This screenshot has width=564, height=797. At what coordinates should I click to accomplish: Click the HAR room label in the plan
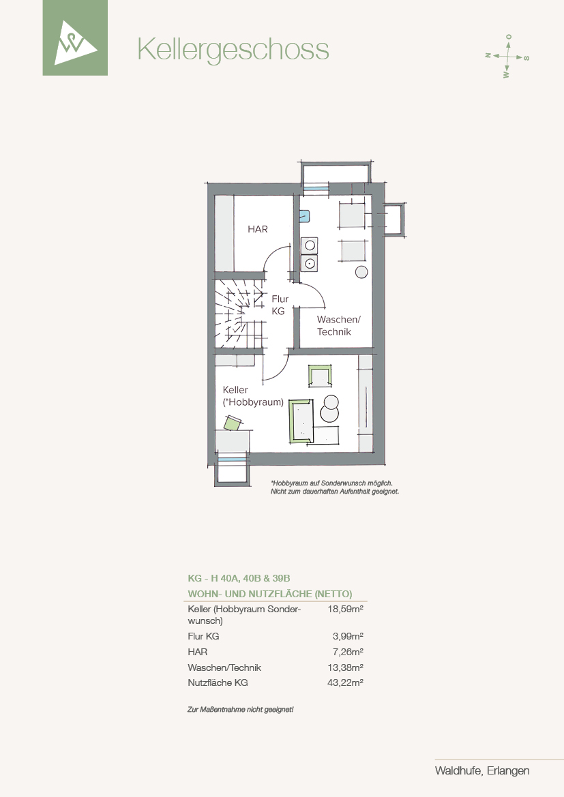click(257, 229)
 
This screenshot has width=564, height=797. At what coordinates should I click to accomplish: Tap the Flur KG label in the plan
click(280, 305)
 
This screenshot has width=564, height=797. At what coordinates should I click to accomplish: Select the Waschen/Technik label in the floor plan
click(338, 325)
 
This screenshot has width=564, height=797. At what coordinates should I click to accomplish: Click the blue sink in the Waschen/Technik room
click(304, 217)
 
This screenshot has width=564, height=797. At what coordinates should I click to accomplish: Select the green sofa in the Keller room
click(301, 421)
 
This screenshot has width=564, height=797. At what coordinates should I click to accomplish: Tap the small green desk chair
click(233, 423)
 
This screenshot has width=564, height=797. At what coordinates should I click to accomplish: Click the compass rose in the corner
click(507, 56)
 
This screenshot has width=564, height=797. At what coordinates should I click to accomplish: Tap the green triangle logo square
click(75, 37)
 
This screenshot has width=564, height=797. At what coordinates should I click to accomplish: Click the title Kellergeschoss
click(233, 50)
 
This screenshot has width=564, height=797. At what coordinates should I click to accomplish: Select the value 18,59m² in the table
click(345, 609)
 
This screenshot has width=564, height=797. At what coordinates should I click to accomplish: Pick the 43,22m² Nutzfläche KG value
click(345, 682)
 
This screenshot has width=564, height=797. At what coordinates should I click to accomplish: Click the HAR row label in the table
click(197, 652)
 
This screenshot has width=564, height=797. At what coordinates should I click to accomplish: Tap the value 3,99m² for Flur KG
click(348, 636)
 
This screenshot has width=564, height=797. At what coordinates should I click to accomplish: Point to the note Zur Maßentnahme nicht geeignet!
click(241, 709)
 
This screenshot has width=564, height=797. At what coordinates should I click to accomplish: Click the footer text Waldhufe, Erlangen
click(482, 770)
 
